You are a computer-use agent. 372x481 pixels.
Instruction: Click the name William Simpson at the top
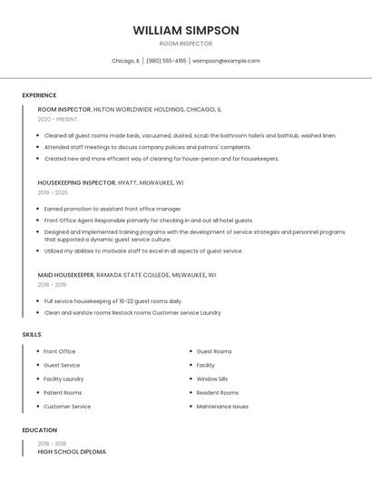coord(186,30)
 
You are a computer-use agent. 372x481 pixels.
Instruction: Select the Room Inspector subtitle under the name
coord(186,44)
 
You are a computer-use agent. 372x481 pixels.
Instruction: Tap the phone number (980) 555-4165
coord(166,61)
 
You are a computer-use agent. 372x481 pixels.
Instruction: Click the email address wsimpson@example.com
coord(226,61)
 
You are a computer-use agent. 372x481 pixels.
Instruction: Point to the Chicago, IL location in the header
coord(125,61)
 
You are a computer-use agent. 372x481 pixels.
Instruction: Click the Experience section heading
coord(39,95)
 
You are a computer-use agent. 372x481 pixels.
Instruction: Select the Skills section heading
coord(32,335)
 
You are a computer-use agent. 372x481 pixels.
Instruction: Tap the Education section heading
coord(39,430)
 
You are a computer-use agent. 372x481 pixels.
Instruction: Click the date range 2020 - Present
coord(57,119)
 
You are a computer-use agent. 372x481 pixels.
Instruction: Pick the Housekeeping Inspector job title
coord(77,182)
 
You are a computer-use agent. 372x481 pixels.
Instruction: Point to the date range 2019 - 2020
coord(53,192)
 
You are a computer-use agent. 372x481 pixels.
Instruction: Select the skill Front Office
coord(60,351)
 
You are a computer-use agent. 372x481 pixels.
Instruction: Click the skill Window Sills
coord(212,378)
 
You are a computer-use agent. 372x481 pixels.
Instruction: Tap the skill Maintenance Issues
coord(222,407)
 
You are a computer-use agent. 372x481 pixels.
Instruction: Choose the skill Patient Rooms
coord(63,393)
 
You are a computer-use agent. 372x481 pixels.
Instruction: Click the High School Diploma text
coord(72,451)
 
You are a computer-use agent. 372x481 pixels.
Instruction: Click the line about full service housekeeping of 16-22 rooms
coord(113,300)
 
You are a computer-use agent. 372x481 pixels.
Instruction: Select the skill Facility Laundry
coord(64,378)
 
